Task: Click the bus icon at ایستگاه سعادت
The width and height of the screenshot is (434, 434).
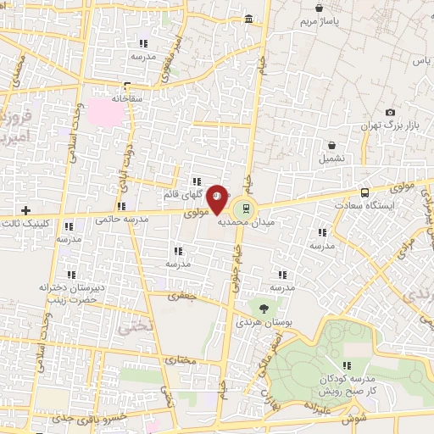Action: (364, 192)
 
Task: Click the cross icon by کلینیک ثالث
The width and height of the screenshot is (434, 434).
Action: (25, 209)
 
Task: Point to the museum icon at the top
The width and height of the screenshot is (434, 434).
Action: (248, 19)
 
